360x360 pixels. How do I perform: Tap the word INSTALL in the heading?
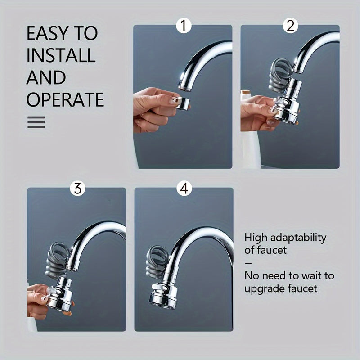(61, 55)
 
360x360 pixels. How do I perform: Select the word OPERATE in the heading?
(65, 99)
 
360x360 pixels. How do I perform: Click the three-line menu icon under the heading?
(36, 122)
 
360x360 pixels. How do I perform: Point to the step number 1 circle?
(184, 26)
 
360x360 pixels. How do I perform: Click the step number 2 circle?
(290, 26)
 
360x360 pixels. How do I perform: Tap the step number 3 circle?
(77, 189)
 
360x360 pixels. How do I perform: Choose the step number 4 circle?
(184, 189)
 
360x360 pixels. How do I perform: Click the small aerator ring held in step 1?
(183, 103)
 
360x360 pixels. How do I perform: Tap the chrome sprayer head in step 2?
(287, 102)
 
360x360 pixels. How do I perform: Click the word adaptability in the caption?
(298, 238)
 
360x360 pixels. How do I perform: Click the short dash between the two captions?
(248, 263)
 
